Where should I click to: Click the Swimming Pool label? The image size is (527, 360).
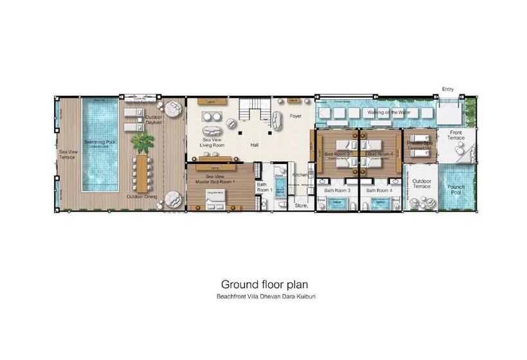click(99, 142)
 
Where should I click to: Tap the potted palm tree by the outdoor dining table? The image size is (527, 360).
click(142, 141)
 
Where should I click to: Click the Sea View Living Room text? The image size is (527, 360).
click(213, 142)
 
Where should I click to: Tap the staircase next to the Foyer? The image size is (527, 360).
click(252, 111)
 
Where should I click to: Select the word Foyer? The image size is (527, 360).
click(295, 116)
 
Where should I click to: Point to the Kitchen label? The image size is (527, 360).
click(299, 174)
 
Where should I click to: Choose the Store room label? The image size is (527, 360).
click(301, 206)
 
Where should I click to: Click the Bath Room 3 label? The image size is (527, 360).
click(337, 190)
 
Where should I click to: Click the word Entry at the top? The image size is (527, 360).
click(447, 89)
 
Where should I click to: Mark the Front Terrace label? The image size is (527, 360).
click(456, 136)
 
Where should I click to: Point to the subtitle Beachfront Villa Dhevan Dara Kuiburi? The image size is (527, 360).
click(265, 296)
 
